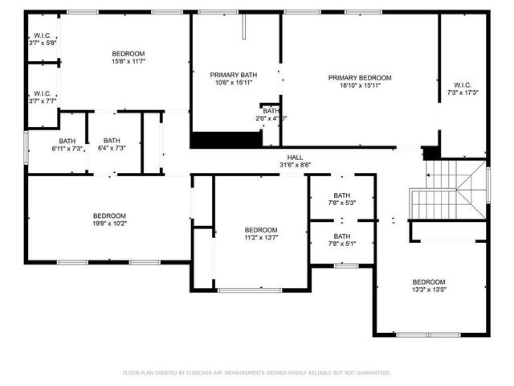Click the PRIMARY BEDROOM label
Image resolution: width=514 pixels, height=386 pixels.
[x=360, y=78]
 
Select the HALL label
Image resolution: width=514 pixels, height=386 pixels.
[x=296, y=157]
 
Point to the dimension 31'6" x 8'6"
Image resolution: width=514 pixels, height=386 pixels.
[x=296, y=165]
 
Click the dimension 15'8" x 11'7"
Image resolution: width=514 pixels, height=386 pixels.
[x=128, y=61]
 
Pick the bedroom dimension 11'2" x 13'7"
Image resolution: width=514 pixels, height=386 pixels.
[x=261, y=237]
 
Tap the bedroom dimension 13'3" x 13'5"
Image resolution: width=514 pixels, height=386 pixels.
[x=428, y=289]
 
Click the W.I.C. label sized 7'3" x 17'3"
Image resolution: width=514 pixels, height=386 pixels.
[x=463, y=84]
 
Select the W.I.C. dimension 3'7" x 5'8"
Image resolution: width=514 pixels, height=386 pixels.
[x=43, y=43]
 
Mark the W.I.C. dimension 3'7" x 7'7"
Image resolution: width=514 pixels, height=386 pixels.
[x=43, y=101]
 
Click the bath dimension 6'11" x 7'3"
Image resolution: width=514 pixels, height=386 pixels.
[x=67, y=148]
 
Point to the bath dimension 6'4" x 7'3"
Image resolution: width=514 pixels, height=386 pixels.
[x=111, y=148]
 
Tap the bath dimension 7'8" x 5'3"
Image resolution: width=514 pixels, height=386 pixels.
[x=342, y=203]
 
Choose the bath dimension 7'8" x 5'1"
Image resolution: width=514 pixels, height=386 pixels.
[x=342, y=244]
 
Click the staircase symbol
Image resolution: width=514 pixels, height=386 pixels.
[x=450, y=189]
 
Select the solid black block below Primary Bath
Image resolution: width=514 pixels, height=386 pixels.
[x=226, y=139]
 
